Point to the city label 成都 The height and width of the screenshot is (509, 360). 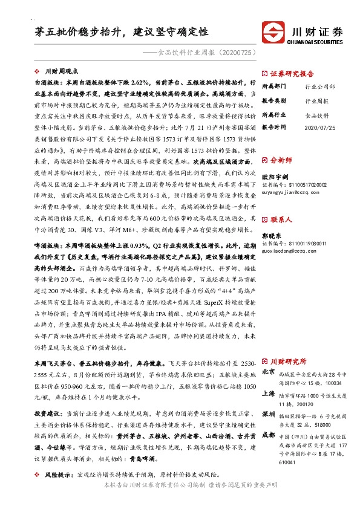click(x=269, y=435)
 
